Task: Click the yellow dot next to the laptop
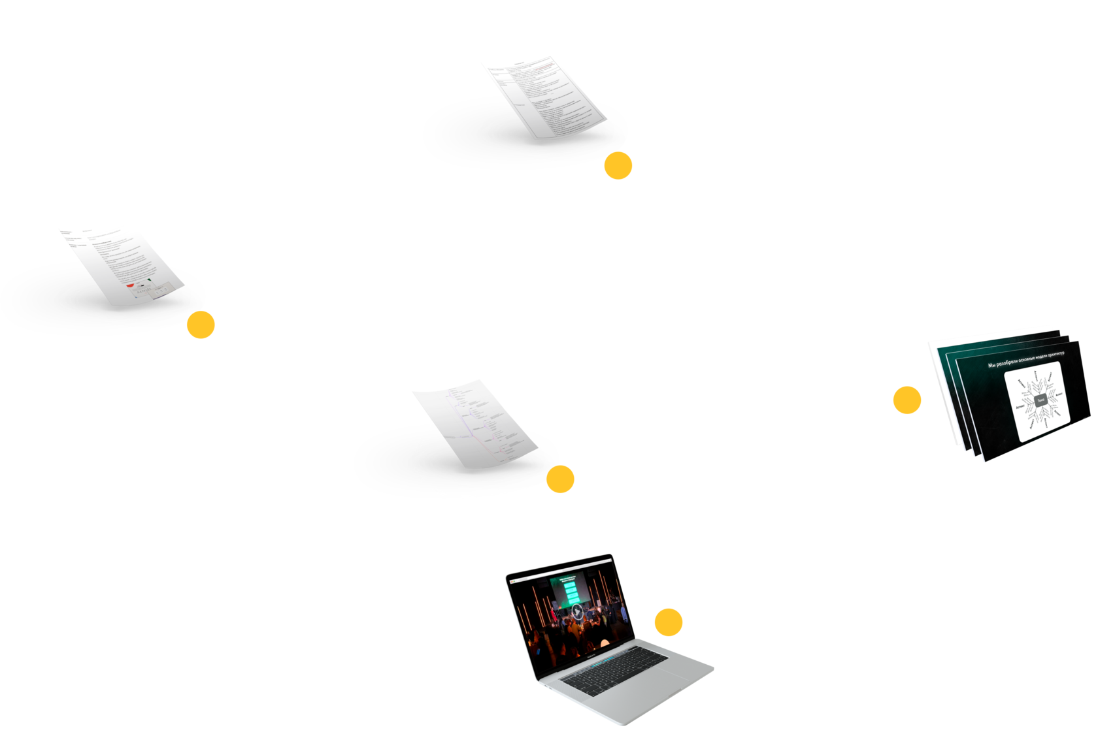669,622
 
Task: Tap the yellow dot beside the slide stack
907,400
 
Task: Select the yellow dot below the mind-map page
560,479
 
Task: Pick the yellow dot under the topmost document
618,166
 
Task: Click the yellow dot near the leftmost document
201,325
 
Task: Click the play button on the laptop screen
577,612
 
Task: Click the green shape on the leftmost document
150,280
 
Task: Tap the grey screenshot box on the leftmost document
150,291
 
